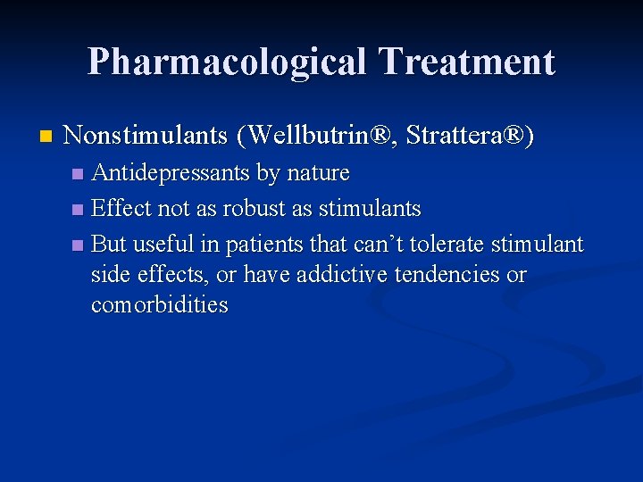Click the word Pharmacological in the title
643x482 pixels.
tap(227, 62)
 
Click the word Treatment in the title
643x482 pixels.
tap(466, 61)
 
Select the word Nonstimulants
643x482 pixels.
tap(146, 136)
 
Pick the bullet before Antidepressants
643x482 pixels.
tap(79, 172)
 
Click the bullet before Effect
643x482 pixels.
tap(79, 210)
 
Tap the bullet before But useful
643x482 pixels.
tap(79, 245)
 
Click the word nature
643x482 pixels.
tap(317, 172)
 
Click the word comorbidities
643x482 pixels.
tap(160, 305)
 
